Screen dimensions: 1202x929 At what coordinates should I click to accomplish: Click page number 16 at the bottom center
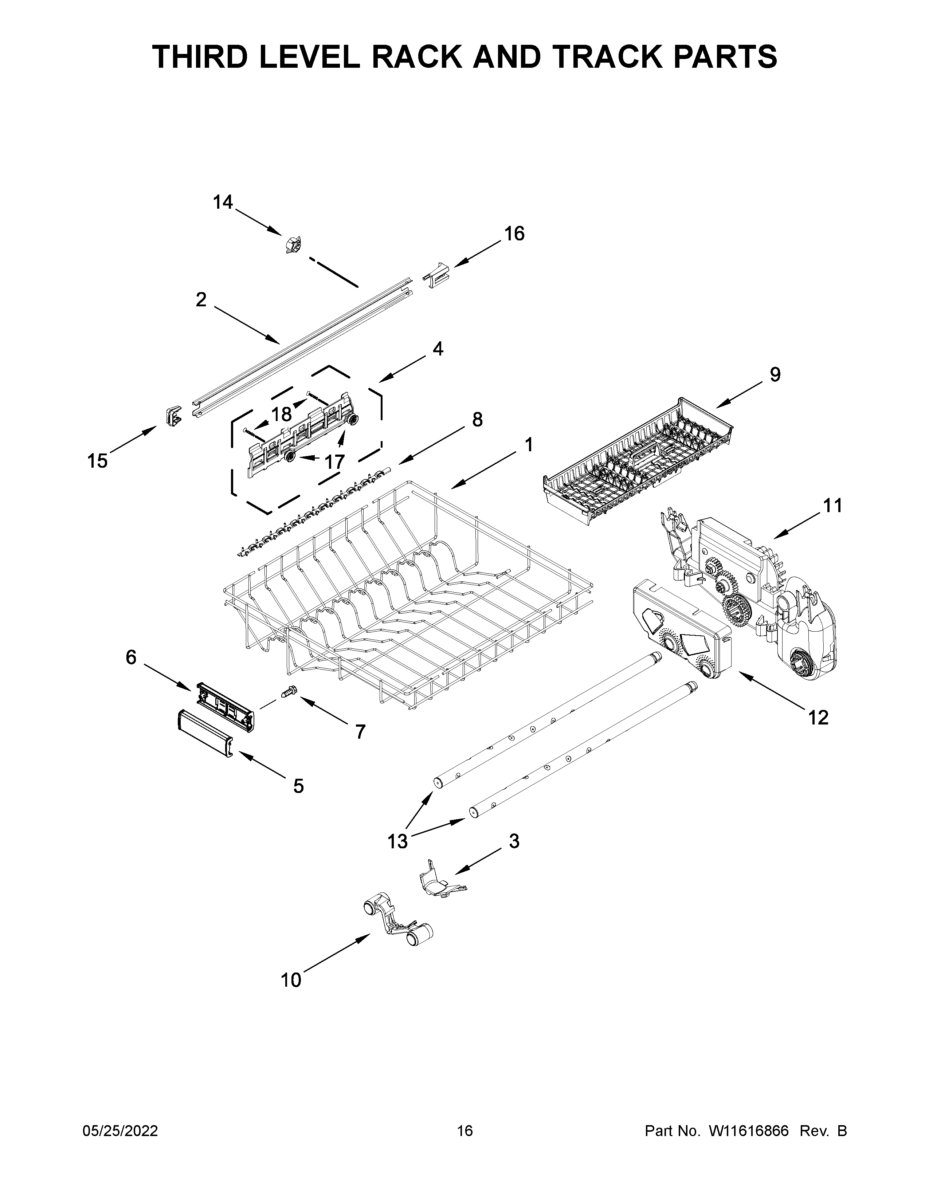click(x=464, y=1131)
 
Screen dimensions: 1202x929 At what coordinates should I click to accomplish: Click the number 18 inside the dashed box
click(x=282, y=414)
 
